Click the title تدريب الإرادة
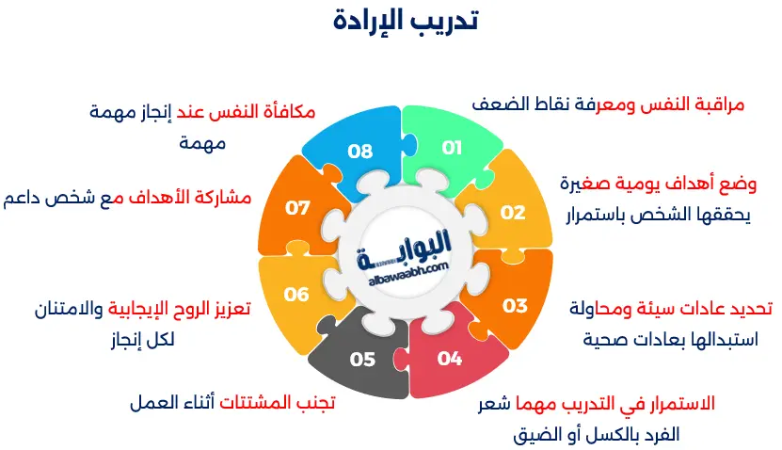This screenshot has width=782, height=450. (x=406, y=22)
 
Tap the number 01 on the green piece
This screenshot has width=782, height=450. (x=453, y=148)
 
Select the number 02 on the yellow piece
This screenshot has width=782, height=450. (x=513, y=212)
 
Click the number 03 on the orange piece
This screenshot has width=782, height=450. (x=515, y=305)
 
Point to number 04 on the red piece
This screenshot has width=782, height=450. (x=450, y=359)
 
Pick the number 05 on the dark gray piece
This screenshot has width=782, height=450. (x=362, y=359)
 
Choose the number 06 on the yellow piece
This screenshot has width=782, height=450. (x=296, y=295)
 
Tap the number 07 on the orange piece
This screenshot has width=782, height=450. (x=298, y=207)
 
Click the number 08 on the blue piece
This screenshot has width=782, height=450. (x=359, y=151)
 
